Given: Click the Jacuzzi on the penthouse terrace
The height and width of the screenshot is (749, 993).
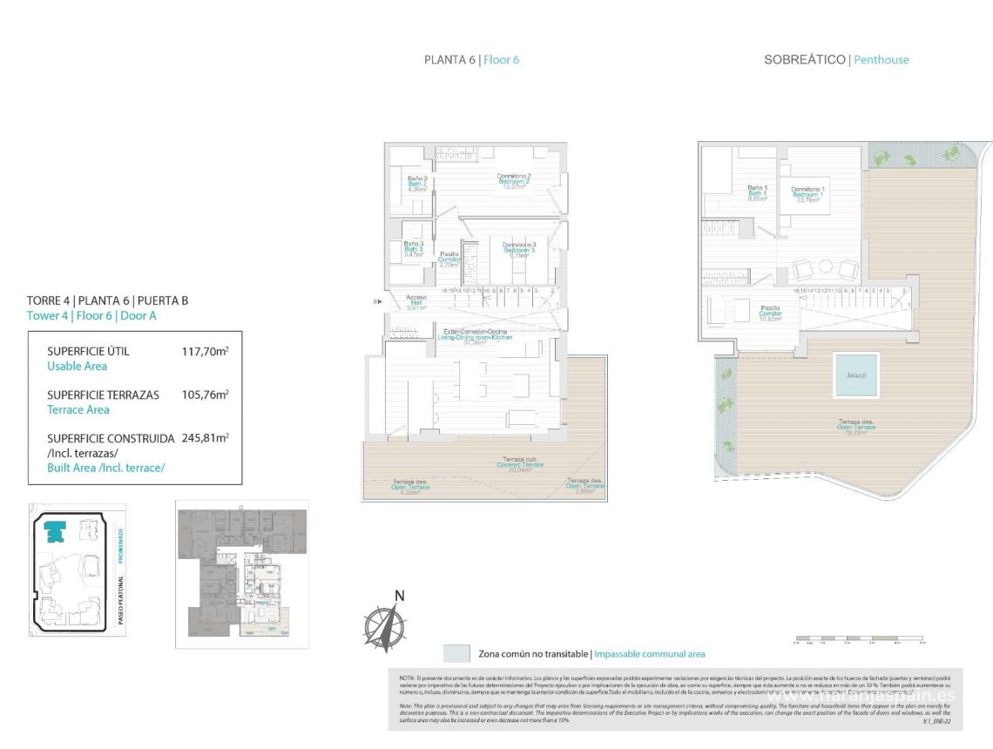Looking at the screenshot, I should click(x=855, y=374).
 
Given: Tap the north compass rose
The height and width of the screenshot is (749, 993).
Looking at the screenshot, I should click(x=384, y=624).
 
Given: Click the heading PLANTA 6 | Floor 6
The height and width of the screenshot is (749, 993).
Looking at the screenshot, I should click(x=471, y=60).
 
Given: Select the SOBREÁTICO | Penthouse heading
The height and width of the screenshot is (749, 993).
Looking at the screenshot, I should click(x=835, y=60).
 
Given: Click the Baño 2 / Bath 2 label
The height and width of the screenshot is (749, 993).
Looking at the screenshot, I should click(x=417, y=183).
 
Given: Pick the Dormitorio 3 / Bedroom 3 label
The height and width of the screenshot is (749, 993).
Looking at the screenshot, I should click(x=518, y=250).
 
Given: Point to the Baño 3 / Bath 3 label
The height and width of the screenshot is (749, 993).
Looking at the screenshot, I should click(x=414, y=249).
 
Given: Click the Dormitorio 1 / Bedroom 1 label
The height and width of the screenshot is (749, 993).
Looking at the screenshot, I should click(x=808, y=194).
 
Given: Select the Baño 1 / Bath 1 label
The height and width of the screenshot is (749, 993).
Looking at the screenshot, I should click(x=758, y=192).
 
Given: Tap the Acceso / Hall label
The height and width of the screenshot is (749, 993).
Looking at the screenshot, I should click(x=416, y=301).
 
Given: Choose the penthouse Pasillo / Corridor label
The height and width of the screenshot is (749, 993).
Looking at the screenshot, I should click(x=770, y=313).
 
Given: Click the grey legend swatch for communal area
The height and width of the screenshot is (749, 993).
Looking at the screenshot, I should click(x=456, y=653).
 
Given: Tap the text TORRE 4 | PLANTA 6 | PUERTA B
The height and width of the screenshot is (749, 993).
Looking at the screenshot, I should click(x=107, y=301).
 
